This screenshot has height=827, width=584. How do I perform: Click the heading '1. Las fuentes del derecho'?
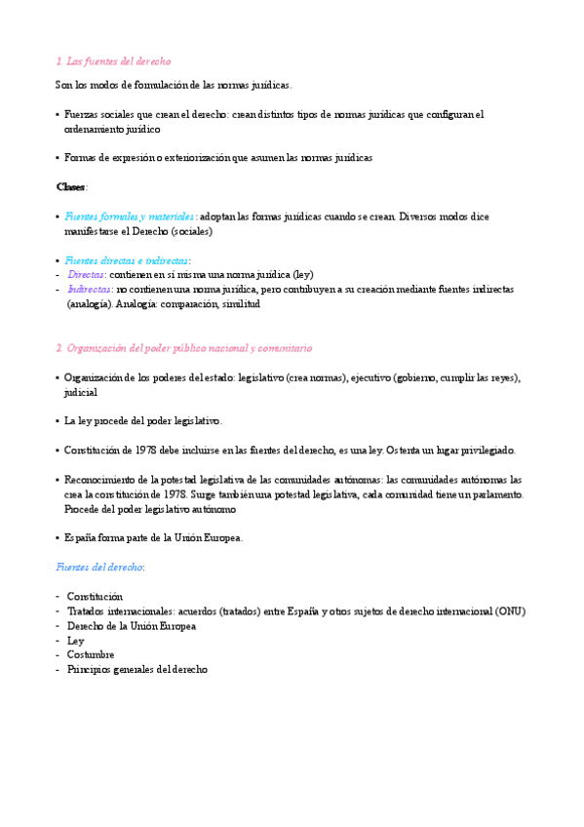click(x=114, y=61)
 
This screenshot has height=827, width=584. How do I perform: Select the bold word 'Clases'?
click(x=71, y=186)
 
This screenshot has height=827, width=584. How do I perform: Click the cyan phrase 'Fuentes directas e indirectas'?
click(x=126, y=260)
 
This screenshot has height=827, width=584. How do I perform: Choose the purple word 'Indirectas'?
click(x=90, y=290)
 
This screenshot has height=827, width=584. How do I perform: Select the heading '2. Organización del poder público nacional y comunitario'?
click(x=184, y=348)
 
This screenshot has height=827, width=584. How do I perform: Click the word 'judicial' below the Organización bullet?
click(x=81, y=392)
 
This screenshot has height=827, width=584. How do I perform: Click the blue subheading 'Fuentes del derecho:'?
click(x=100, y=567)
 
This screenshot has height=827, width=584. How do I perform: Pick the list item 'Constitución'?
click(x=96, y=596)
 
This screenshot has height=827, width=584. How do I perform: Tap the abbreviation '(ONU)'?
click(x=507, y=611)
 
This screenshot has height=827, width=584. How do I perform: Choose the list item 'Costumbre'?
click(x=91, y=655)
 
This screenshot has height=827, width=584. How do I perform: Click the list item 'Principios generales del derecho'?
click(x=137, y=670)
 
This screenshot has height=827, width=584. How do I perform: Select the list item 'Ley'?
click(x=76, y=641)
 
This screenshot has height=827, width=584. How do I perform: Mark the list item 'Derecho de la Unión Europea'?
click(x=132, y=626)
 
